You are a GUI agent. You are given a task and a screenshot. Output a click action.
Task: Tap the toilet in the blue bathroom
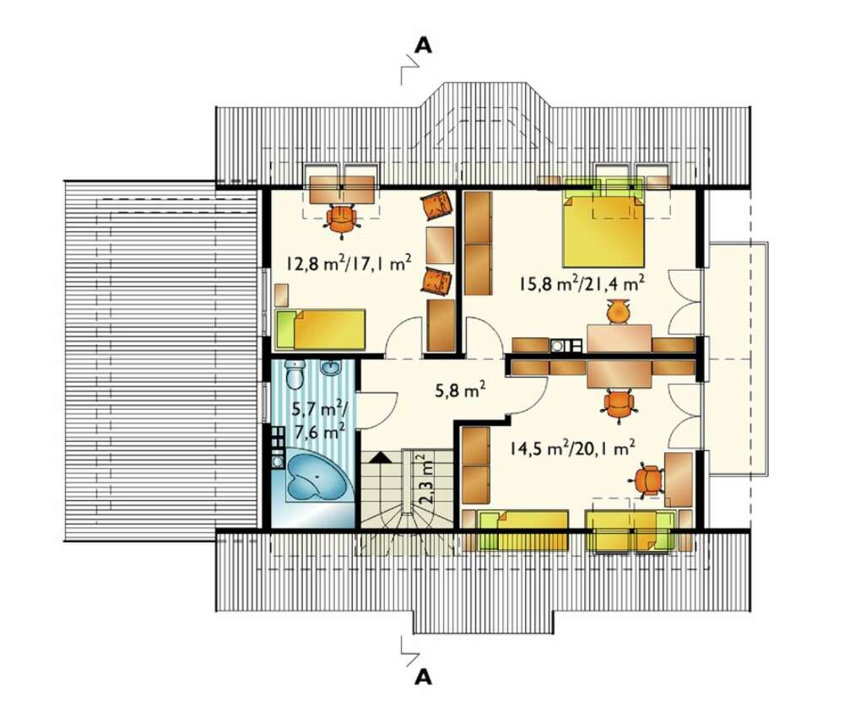pos(295,374)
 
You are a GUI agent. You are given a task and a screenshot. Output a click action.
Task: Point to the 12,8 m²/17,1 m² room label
pos(349,263)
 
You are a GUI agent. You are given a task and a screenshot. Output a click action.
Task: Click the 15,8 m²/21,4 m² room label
pos(582,283)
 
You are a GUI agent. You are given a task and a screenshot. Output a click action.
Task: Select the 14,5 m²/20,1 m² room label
pos(573,448)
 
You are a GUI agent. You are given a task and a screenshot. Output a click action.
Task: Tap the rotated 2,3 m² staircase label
pos(425,478)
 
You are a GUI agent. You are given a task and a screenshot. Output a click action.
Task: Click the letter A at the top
pos(424,46)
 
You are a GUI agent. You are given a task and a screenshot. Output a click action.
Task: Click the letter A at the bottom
pos(424,676)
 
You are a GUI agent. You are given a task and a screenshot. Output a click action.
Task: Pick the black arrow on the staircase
pos(381,457)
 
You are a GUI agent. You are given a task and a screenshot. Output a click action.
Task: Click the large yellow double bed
pos(603,231)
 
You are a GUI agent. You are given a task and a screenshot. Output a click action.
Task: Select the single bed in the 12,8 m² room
pos(321,329)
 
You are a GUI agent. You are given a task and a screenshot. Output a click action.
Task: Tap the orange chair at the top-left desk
pos(341,220)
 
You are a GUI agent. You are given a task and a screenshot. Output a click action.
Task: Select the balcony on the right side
pos(736,359)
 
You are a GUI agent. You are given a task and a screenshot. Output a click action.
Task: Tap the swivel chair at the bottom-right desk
pos(648,480)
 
